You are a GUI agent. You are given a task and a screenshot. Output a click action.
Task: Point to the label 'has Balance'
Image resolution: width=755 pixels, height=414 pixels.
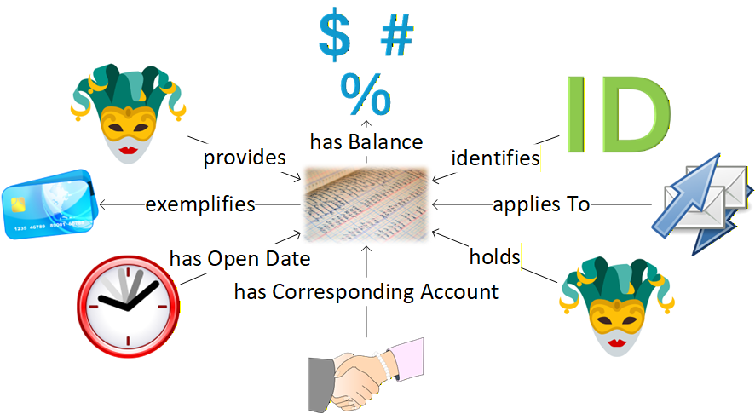[x=366, y=141]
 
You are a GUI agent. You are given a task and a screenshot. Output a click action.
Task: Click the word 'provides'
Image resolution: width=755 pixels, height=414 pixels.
[x=244, y=158]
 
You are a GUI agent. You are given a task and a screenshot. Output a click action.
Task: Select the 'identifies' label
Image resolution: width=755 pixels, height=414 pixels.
[x=495, y=158]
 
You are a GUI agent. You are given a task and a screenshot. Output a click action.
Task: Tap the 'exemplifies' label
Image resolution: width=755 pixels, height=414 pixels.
[x=200, y=204]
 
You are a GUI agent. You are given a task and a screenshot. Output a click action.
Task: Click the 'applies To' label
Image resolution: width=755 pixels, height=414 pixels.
[x=541, y=204]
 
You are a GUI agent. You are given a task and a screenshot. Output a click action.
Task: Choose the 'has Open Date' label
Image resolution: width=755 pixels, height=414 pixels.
[x=239, y=258]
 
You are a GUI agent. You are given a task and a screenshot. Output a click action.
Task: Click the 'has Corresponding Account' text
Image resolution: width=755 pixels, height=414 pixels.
[x=366, y=291]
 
